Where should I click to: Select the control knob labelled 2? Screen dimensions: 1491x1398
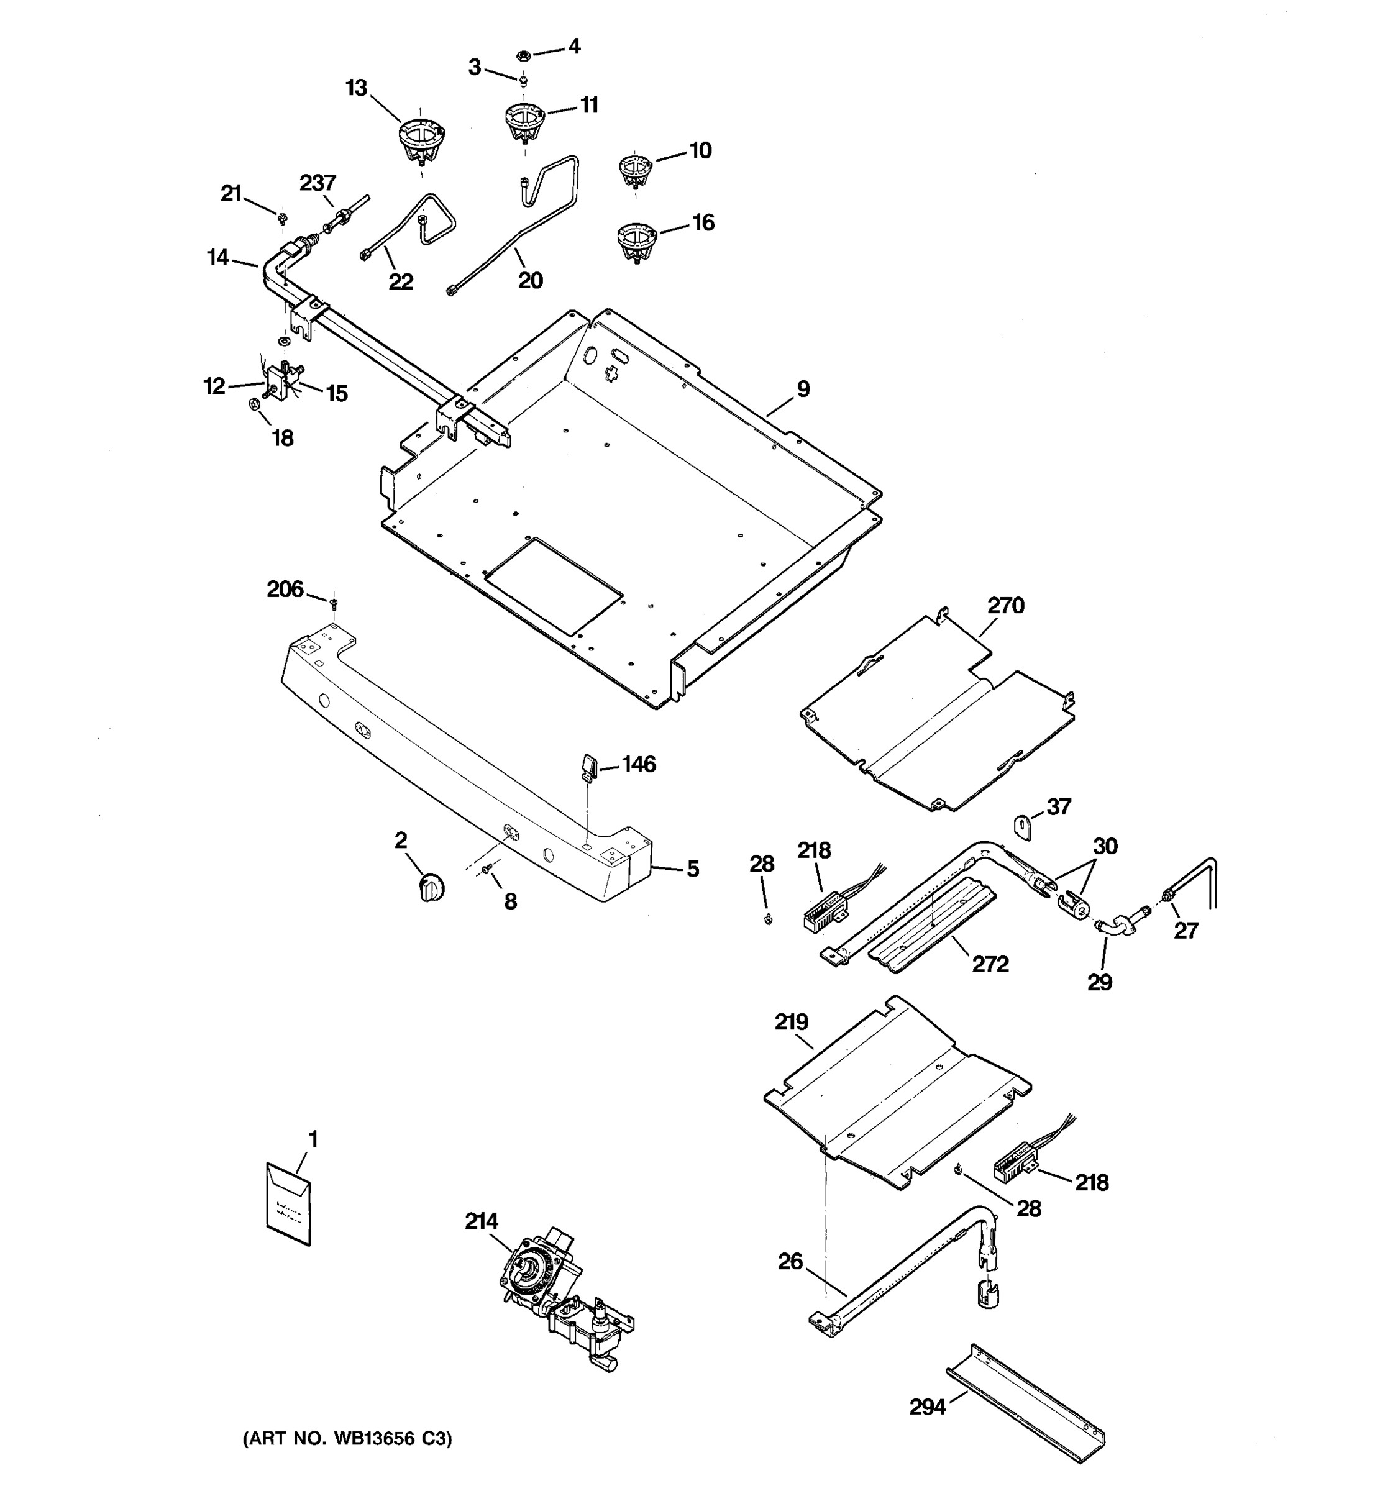tap(430, 888)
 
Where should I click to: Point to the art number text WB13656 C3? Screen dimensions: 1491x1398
tap(347, 1438)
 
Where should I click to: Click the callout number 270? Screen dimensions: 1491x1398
tap(1005, 605)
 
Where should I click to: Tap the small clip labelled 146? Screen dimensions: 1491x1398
tap(588, 767)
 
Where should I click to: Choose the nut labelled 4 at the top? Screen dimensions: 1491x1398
tap(524, 55)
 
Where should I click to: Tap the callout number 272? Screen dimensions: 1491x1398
tap(990, 964)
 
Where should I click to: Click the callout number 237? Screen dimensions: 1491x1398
tap(318, 182)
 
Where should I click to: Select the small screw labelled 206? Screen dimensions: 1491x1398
tap(334, 602)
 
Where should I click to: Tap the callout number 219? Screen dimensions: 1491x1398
tap(791, 1021)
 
